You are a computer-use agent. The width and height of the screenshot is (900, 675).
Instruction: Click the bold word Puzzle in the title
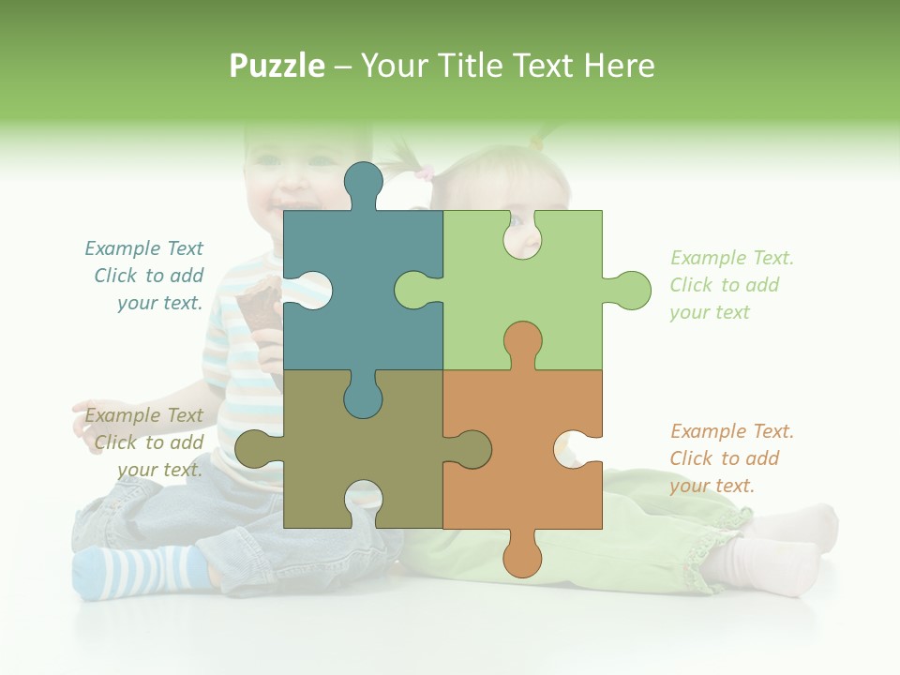pos(277,66)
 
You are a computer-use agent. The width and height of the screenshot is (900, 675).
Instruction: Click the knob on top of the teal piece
pos(363,183)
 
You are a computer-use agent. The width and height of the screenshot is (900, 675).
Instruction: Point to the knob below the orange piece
pos(522,558)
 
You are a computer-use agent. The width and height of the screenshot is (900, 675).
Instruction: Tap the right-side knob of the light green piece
pos(630,291)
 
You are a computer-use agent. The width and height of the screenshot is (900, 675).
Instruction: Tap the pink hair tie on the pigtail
pos(425,172)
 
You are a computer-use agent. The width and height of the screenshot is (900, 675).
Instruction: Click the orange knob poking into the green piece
pos(522,342)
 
